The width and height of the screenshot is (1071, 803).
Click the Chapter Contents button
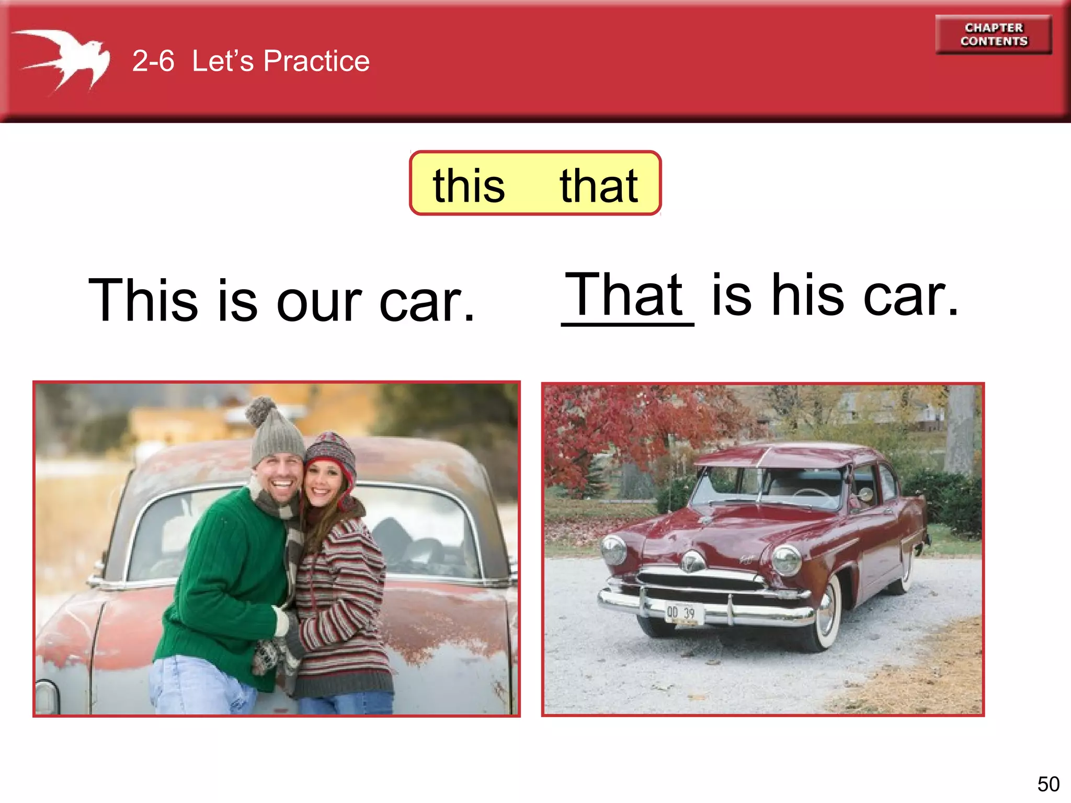pyautogui.click(x=993, y=35)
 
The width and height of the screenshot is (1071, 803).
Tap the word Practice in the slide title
pyautogui.click(x=316, y=61)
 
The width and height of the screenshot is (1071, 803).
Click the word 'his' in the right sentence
pyautogui.click(x=807, y=296)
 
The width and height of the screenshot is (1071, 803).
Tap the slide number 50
pyautogui.click(x=1048, y=784)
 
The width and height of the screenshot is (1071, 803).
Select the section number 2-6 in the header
pyautogui.click(x=153, y=61)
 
